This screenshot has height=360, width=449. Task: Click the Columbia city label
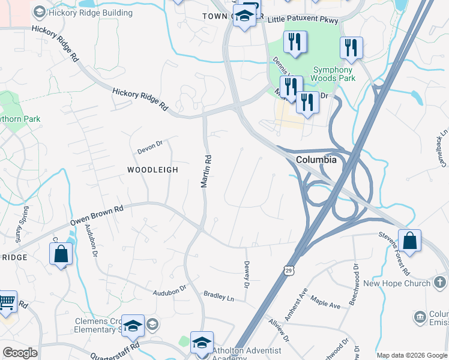(316, 160)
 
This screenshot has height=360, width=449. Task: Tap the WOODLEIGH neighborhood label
(152, 170)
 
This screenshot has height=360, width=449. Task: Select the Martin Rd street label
(206, 172)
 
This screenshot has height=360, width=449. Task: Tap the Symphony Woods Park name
(333, 74)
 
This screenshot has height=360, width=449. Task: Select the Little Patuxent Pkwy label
(303, 20)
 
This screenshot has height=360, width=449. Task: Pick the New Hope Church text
(397, 283)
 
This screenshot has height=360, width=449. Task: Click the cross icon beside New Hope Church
(441, 283)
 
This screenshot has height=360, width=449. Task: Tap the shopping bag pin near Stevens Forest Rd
(409, 242)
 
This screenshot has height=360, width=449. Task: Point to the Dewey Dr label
(246, 273)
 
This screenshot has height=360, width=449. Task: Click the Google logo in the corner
(20, 353)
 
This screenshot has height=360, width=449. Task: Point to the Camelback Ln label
(443, 146)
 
